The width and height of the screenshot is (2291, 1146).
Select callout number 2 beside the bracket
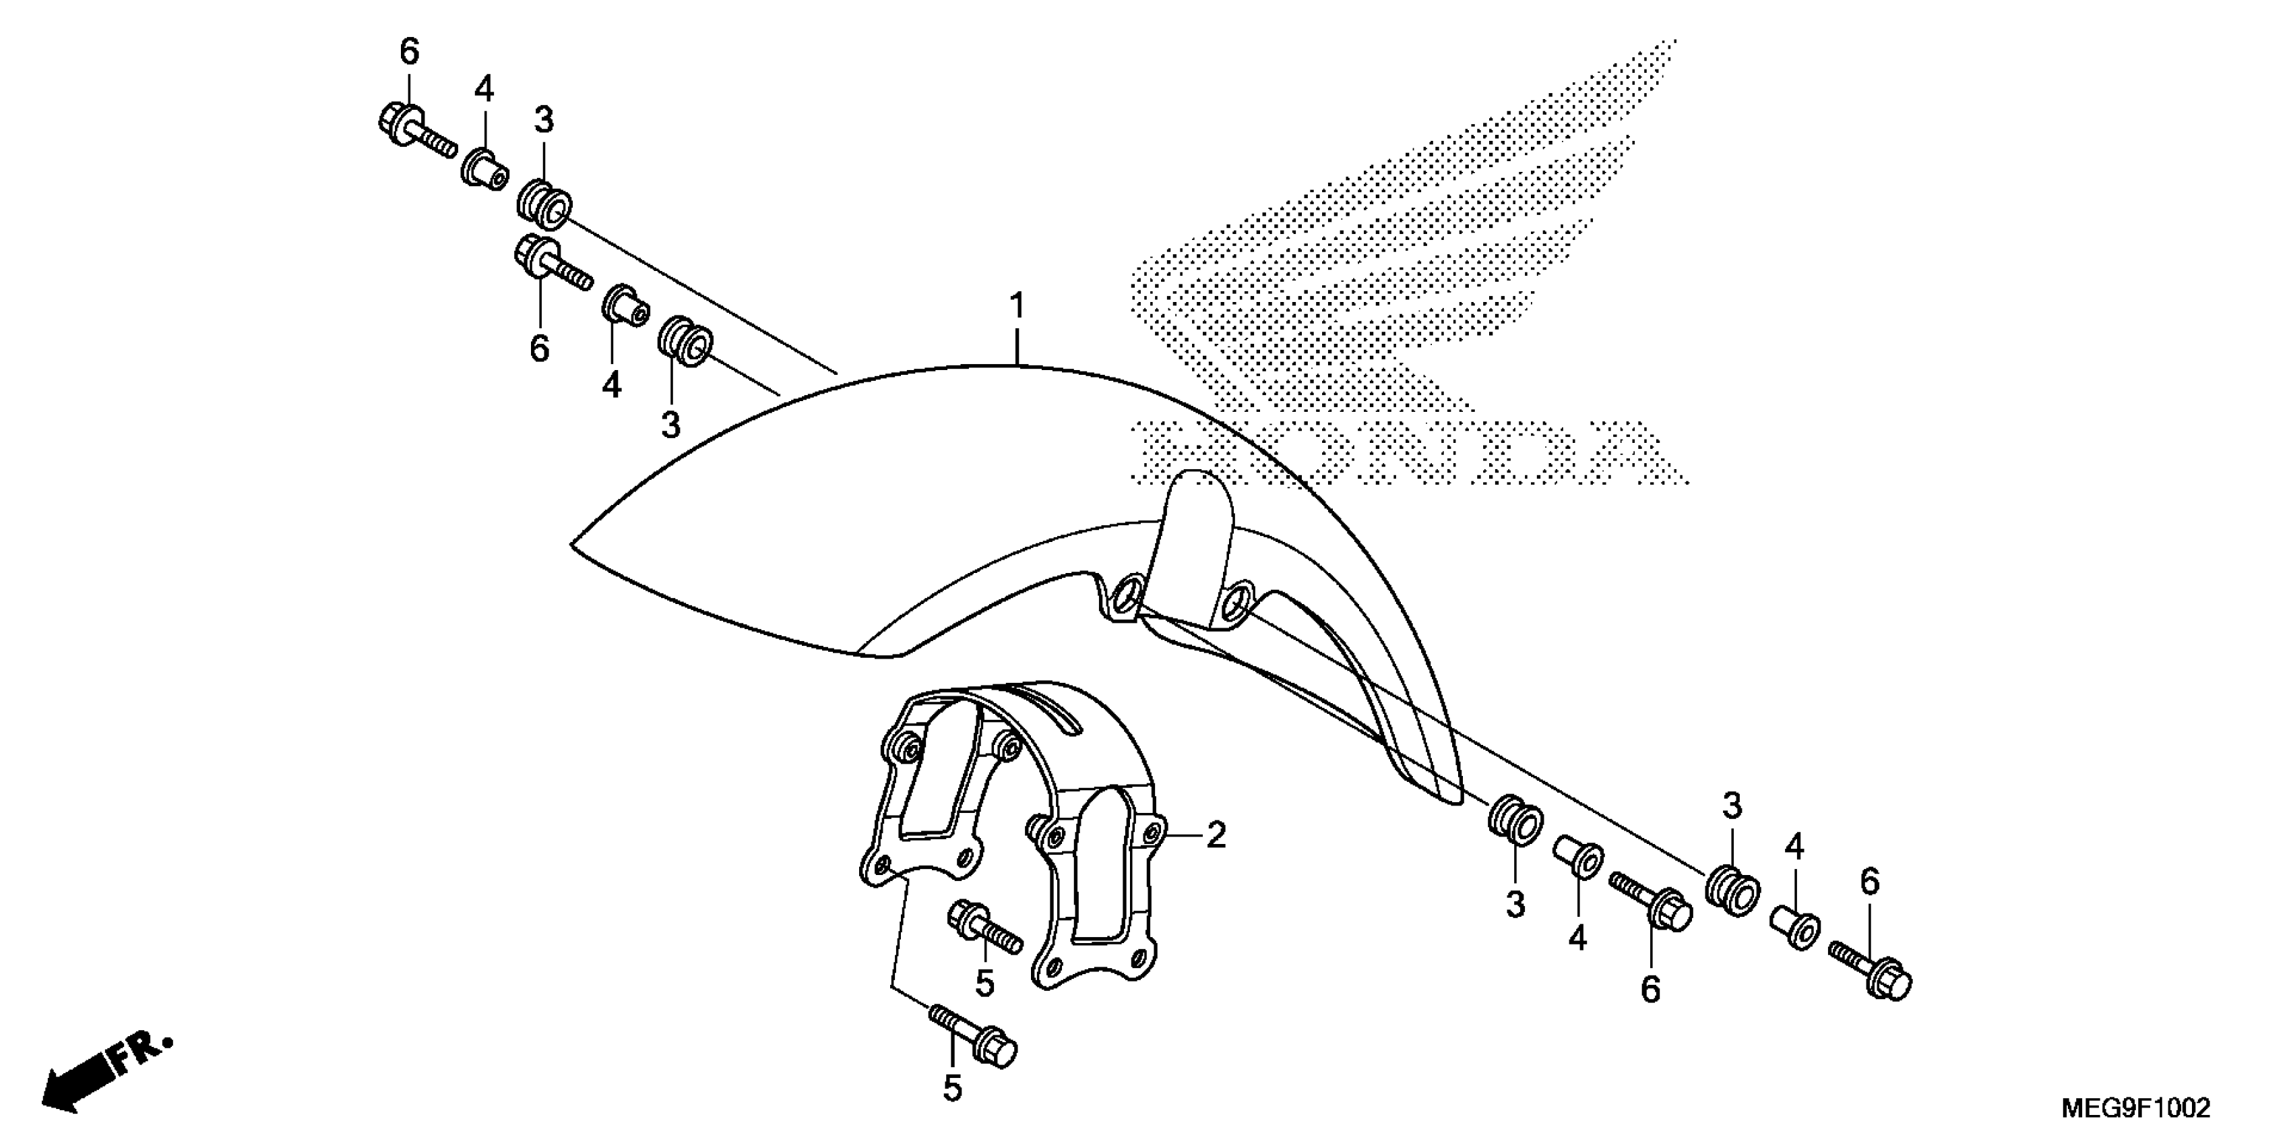tap(1215, 835)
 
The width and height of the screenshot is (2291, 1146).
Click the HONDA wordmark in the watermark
tap(1409, 453)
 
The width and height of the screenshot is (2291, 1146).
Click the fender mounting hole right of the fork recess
tap(1236, 603)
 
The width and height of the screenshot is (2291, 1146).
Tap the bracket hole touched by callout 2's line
tap(1154, 834)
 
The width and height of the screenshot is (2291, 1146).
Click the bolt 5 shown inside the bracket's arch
tap(985, 930)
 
